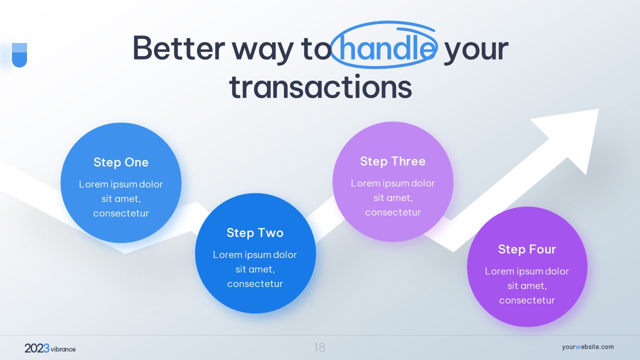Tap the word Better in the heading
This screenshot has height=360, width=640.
click(179, 48)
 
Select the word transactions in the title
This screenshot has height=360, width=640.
click(320, 86)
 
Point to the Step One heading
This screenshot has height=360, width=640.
click(121, 162)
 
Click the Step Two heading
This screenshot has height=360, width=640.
click(255, 232)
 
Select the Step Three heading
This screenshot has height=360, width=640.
click(393, 161)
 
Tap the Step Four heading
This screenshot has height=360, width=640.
click(527, 249)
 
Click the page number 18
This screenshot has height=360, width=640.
click(319, 347)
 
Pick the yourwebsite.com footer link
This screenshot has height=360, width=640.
click(587, 347)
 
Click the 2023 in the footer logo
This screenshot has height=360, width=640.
click(37, 348)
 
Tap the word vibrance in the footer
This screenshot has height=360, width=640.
click(63, 349)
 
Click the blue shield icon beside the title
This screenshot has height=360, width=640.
click(19, 55)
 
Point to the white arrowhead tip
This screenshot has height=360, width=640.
click(598, 109)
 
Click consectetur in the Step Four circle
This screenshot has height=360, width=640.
click(527, 300)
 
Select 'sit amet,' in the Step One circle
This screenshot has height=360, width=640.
click(121, 198)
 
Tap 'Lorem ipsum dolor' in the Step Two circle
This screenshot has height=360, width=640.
click(255, 254)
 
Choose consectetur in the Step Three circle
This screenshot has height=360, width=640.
click(393, 212)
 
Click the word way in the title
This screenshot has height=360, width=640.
click(262, 51)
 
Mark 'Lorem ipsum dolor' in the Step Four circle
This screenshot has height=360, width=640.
click(527, 271)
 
